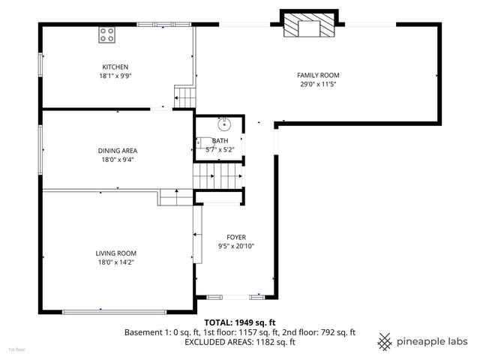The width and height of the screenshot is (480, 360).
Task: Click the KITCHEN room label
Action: pyautogui.click(x=115, y=67)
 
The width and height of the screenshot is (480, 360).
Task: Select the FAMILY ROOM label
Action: pyautogui.click(x=318, y=75)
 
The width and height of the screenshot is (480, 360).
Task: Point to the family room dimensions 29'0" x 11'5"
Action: pyautogui.click(x=318, y=84)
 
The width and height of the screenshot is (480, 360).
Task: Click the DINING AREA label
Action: pyautogui.click(x=118, y=150)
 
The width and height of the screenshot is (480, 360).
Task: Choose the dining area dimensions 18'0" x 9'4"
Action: pyautogui.click(x=118, y=159)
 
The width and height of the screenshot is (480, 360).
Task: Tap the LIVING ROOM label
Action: pyautogui.click(x=115, y=253)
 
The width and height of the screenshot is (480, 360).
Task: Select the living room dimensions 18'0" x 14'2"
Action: pyautogui.click(x=115, y=262)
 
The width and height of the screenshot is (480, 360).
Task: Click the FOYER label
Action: pyautogui.click(x=236, y=237)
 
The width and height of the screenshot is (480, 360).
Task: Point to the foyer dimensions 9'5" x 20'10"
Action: pyautogui.click(x=236, y=246)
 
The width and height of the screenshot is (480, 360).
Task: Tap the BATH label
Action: pyautogui.click(x=220, y=141)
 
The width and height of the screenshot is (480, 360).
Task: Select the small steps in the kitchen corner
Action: pyautogui.click(x=183, y=97)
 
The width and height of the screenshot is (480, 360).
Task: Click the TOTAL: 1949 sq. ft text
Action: pyautogui.click(x=239, y=321)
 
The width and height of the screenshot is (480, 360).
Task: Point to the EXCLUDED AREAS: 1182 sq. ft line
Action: pyautogui.click(x=239, y=342)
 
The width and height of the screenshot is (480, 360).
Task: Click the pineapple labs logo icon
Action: pyautogui.click(x=385, y=340)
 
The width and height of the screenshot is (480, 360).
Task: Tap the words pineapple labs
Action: pyautogui.click(x=433, y=341)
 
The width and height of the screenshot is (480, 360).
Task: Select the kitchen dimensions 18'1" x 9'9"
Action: pyautogui.click(x=115, y=76)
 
